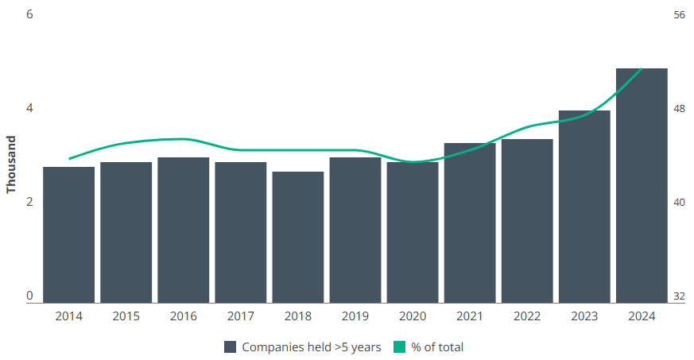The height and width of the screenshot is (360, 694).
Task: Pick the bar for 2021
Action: [x=470, y=223]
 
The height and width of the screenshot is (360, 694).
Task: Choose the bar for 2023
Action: [x=584, y=207]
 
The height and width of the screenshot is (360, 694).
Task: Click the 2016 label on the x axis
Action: [x=184, y=316]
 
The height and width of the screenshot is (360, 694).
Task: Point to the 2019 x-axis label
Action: [x=355, y=316]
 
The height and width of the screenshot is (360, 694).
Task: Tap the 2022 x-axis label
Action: [x=527, y=316]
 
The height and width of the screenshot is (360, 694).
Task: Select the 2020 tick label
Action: [x=413, y=316]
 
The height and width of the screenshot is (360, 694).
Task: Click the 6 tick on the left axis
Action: [x=29, y=15]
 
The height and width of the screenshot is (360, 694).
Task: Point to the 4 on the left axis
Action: [x=29, y=109]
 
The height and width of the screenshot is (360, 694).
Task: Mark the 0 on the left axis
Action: [x=29, y=296]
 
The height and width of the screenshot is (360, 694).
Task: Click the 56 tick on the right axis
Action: [x=679, y=15]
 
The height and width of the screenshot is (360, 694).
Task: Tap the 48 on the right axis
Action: [x=679, y=109]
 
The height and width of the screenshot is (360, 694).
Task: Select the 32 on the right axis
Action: [x=679, y=296]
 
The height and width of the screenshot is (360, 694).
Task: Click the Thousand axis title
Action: [x=11, y=165]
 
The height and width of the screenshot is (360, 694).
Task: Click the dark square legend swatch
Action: [x=231, y=346]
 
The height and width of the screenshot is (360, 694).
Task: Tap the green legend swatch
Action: [x=400, y=346]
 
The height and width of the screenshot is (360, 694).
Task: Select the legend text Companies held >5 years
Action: [x=312, y=346]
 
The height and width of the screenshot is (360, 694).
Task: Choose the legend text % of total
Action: [x=437, y=346]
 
